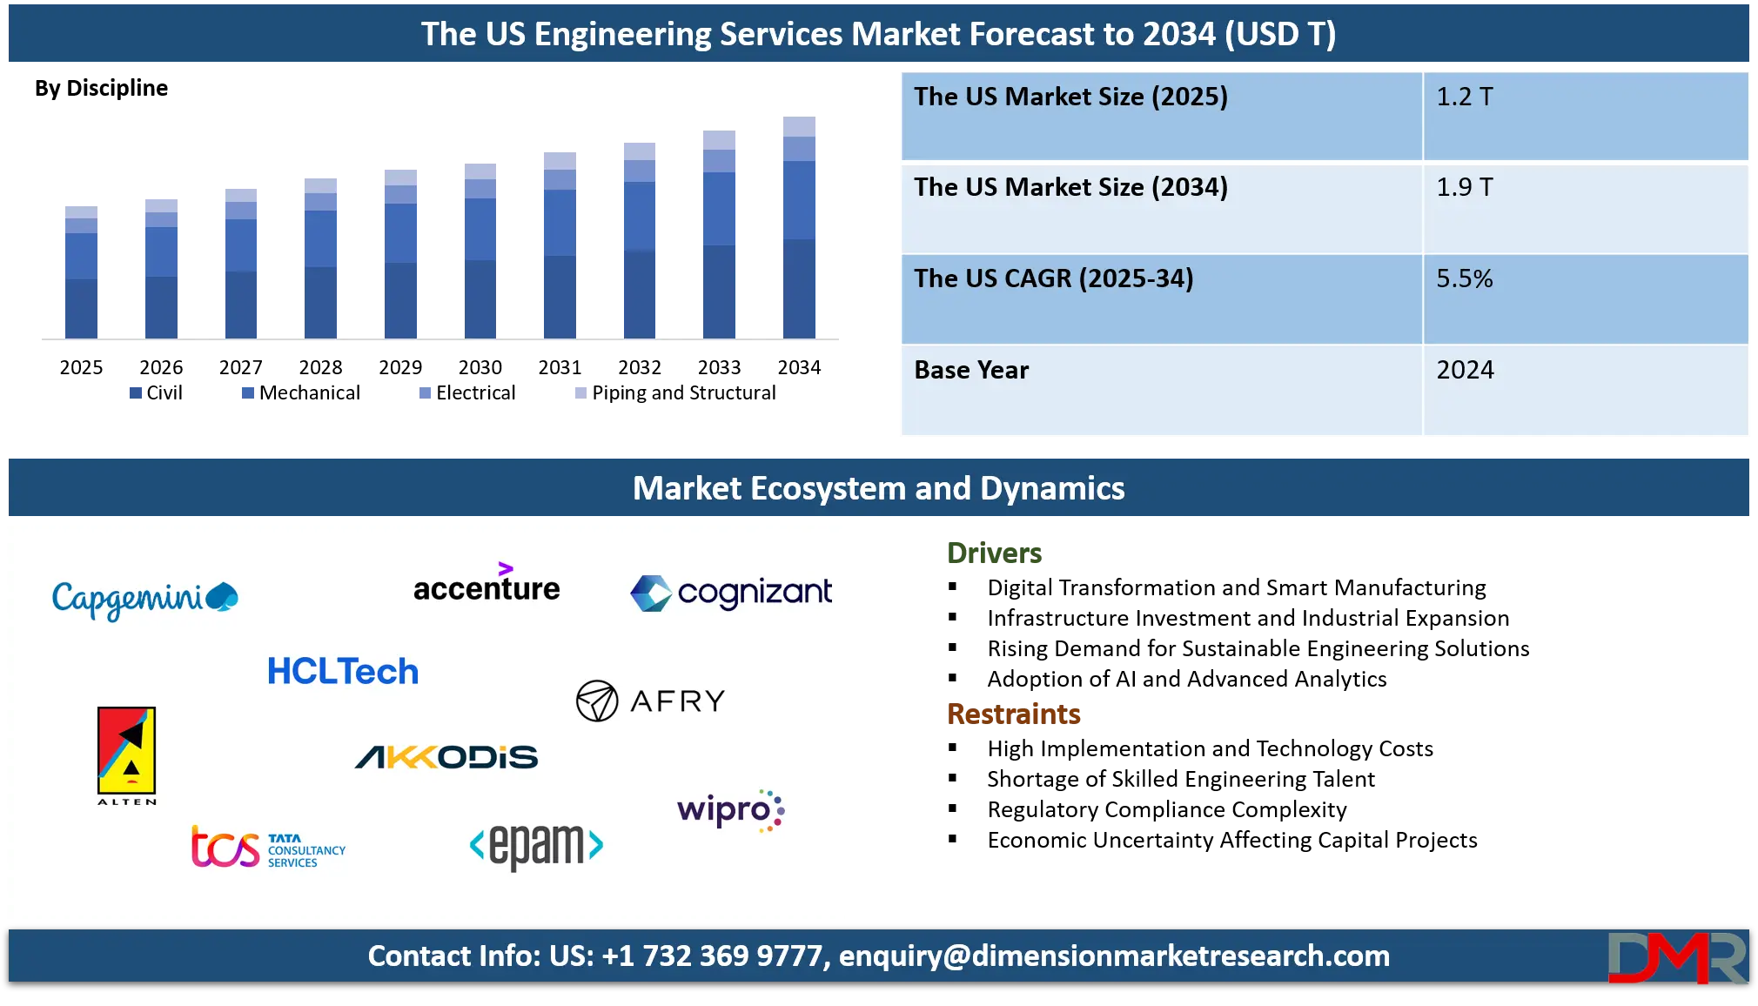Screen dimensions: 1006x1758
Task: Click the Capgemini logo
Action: point(144,599)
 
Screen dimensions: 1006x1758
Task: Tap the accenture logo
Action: point(486,585)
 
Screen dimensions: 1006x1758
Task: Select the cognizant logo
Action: point(731,593)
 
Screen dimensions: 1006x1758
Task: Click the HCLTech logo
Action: point(343,672)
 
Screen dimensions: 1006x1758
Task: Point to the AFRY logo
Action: point(651,701)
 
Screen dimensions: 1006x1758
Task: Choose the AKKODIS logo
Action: point(446,757)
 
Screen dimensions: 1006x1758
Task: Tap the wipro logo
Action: point(730,810)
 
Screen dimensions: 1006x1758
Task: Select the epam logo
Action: point(536,845)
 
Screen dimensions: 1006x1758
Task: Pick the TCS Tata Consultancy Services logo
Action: point(268,848)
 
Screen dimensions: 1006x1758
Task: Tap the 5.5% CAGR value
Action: point(1465,278)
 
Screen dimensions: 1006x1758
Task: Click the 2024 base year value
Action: point(1465,370)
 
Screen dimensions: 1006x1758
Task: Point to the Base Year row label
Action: point(971,370)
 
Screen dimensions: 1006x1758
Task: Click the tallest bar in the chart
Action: point(801,226)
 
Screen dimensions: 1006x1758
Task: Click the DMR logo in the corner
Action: point(1676,957)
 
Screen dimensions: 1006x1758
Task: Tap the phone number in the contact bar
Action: point(711,956)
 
